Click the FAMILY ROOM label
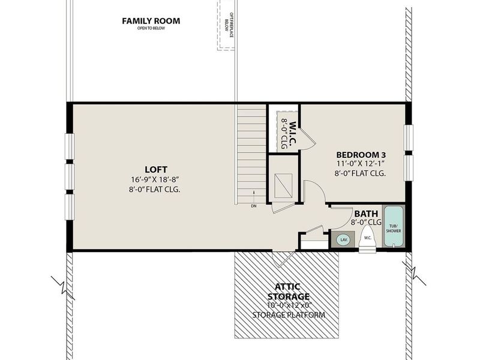pos(151,21)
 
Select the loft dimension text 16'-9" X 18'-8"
pos(155,179)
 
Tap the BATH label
pos(366,214)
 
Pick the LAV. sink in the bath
pos(344,239)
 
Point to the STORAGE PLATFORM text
pos(289,315)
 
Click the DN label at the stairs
pos(254,206)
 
